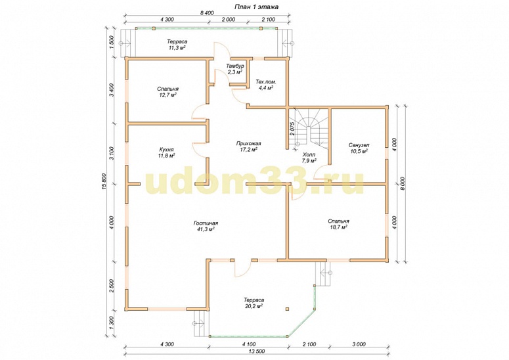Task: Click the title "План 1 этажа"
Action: pos(255,7)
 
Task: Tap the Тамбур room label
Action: pos(235,69)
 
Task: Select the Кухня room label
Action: pos(167,152)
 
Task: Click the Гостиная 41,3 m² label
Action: pos(206,226)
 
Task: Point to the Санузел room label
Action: pos(359,148)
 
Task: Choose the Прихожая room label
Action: pos(249,146)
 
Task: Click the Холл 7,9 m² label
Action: pos(309,158)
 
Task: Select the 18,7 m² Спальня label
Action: pos(339,224)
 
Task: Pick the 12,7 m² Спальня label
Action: pos(168,92)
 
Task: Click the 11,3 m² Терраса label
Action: pos(177,45)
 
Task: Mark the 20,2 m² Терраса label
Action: pos(254,303)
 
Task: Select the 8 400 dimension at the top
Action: pos(207,13)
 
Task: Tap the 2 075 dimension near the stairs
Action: pos(292,129)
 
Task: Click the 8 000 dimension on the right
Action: pos(403,183)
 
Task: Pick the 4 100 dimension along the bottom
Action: pos(249,344)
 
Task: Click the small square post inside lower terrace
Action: pos(287,309)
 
